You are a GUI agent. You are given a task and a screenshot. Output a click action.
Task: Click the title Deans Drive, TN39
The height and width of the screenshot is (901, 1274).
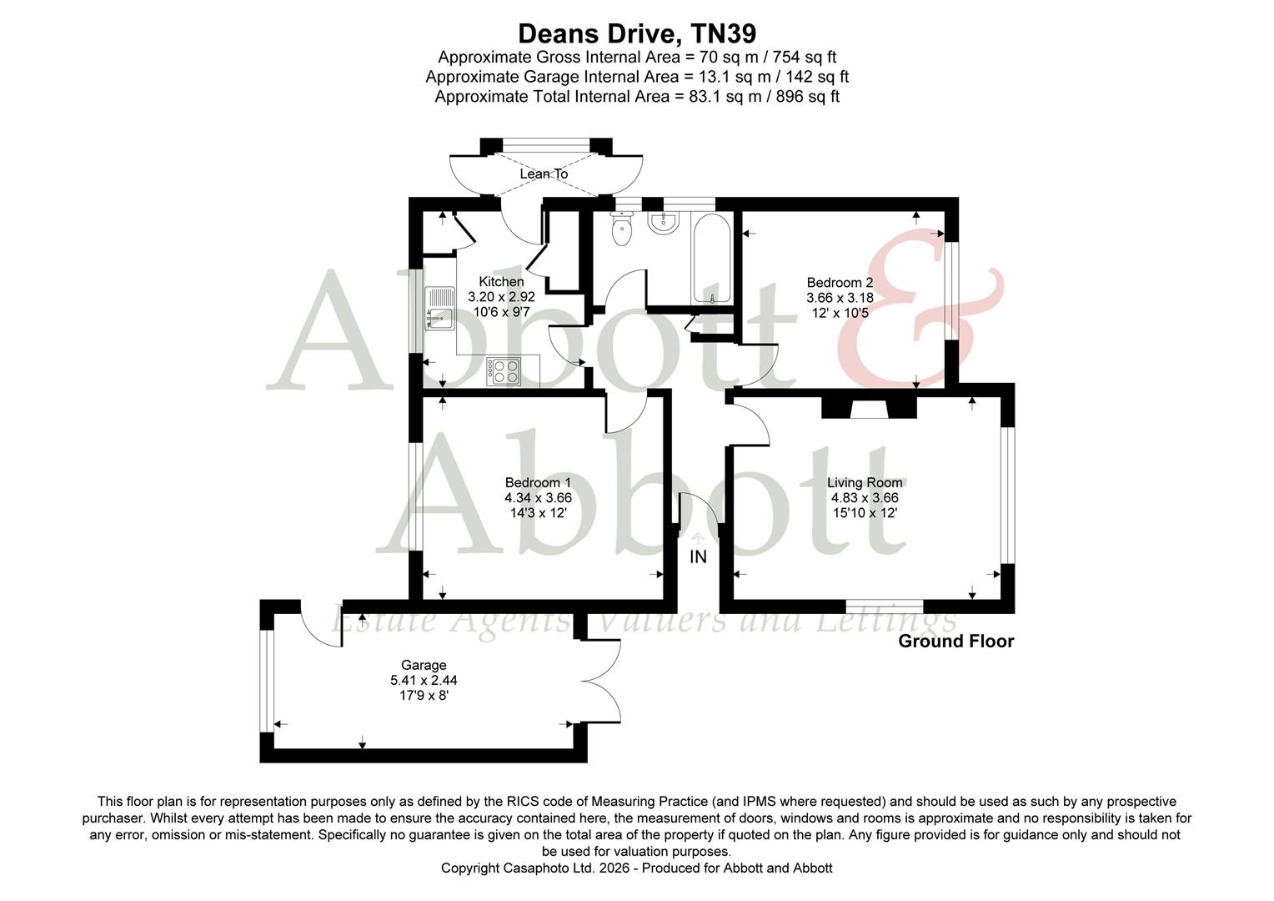(x=637, y=33)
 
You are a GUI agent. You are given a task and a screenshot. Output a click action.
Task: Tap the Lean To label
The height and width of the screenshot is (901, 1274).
(x=544, y=174)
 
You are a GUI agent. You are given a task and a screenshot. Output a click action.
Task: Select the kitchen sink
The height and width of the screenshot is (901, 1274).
(x=439, y=308)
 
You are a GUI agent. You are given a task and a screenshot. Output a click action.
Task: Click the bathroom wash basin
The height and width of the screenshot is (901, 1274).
(x=665, y=222)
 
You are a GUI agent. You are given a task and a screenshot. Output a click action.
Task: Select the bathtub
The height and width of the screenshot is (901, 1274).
(x=712, y=259)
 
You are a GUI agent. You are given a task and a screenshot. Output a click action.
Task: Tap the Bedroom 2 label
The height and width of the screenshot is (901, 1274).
(x=840, y=283)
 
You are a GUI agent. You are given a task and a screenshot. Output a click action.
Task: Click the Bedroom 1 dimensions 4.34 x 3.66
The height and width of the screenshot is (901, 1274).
(x=538, y=498)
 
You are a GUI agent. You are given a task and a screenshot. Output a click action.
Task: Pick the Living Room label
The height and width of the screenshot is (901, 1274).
(x=865, y=482)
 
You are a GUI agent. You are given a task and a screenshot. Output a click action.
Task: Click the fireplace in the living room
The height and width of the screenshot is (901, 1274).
(x=869, y=407)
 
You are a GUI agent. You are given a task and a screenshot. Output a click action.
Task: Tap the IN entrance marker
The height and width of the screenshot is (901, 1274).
(x=698, y=556)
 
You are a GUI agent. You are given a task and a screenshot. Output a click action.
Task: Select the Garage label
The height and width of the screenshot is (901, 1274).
(x=424, y=665)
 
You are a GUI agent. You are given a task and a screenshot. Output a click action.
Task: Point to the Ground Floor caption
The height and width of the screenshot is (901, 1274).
(x=955, y=641)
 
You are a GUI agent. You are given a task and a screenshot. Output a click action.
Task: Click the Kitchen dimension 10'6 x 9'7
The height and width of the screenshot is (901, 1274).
(x=501, y=312)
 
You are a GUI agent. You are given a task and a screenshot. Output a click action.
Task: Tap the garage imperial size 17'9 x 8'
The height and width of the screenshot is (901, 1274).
(x=424, y=695)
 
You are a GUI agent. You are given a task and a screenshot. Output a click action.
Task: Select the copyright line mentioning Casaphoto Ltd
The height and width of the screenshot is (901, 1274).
(x=636, y=868)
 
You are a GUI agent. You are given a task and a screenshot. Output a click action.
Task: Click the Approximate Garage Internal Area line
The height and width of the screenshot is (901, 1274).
(x=637, y=77)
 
